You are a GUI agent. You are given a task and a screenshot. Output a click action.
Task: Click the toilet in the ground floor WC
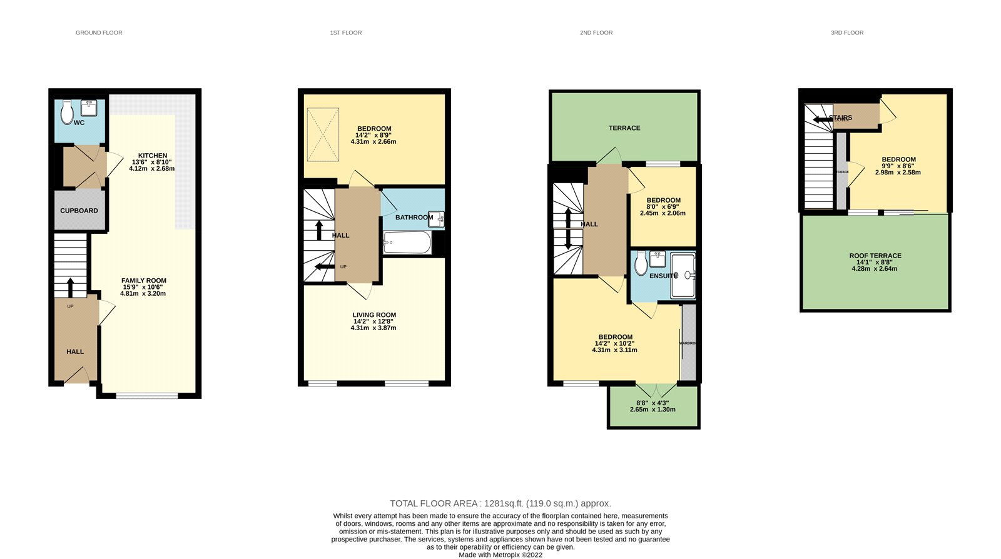click(x=67, y=113)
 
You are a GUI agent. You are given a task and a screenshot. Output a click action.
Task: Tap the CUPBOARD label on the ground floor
click(x=79, y=211)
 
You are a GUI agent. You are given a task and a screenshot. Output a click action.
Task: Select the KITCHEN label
click(x=153, y=156)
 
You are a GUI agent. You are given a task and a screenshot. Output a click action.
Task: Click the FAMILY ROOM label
click(x=144, y=281)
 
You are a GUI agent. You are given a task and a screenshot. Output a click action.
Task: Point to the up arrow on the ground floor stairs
click(x=70, y=287)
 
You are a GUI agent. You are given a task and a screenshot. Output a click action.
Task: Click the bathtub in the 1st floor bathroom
click(x=407, y=243)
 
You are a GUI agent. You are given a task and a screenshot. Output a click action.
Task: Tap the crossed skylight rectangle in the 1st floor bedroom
click(x=323, y=135)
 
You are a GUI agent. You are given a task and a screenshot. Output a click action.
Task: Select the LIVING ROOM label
click(x=374, y=315)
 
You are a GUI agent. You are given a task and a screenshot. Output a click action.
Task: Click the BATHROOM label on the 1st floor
click(x=414, y=218)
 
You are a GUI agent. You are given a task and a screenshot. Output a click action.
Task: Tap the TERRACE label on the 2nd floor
click(x=624, y=128)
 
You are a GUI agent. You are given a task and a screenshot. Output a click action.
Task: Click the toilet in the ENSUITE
click(x=641, y=264)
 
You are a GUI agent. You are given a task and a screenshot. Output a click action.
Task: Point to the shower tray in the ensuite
click(x=683, y=275)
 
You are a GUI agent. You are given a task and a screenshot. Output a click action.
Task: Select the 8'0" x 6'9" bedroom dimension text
click(x=663, y=207)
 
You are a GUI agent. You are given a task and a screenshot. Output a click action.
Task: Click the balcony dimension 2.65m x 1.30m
click(x=653, y=410)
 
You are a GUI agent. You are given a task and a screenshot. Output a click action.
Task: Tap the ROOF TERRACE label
click(x=875, y=256)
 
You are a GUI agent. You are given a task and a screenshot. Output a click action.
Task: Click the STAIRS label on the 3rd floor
click(x=841, y=118)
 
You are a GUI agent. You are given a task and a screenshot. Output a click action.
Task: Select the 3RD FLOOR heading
click(x=847, y=33)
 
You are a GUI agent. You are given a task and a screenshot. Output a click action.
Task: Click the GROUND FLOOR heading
click(x=99, y=33)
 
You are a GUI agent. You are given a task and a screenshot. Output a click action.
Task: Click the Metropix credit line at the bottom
click(x=500, y=555)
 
